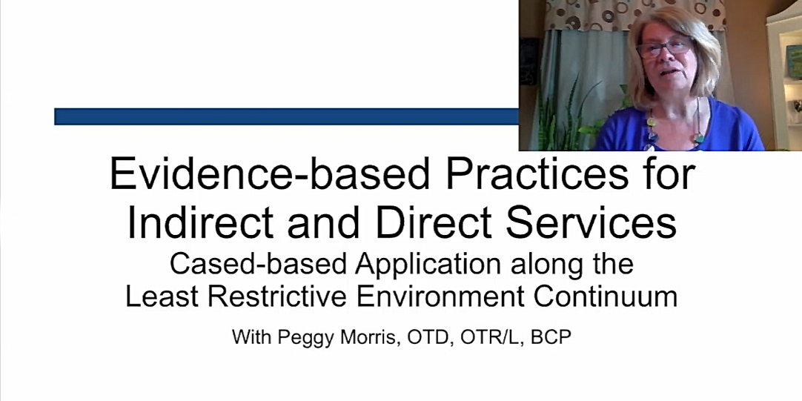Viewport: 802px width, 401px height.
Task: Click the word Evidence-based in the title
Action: tap(270, 174)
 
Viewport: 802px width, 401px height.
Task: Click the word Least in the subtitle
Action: tap(162, 296)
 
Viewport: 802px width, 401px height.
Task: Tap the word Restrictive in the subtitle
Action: tap(276, 296)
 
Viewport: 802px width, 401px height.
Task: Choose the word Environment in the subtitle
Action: tap(440, 296)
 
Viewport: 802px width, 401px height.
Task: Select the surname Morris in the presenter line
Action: tap(371, 337)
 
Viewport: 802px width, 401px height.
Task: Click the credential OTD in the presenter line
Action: tap(430, 337)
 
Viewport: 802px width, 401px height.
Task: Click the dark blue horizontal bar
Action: tap(286, 116)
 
